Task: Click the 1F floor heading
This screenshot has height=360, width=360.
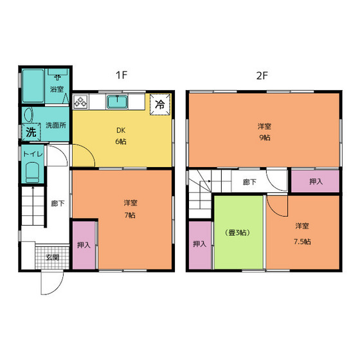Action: pos(122,75)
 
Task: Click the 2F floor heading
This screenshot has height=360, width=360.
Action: pos(262,75)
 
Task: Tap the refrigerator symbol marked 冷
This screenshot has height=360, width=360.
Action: pos(160,104)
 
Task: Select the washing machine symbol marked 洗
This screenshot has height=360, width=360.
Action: pos(32,132)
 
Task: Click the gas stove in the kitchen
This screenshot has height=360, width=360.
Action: pos(80,102)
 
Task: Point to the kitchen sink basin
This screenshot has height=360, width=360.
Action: pos(117,102)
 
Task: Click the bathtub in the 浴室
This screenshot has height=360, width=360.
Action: pos(33,85)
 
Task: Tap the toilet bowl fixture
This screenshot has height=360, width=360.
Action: pos(32,172)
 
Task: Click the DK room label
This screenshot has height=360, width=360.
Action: pos(121,130)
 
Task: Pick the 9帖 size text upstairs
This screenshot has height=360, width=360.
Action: pos(265,138)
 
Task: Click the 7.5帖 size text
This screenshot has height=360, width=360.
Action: pos(302,242)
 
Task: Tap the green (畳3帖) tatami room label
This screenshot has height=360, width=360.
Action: pos(238,233)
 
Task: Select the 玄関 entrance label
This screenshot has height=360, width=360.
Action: pos(53,257)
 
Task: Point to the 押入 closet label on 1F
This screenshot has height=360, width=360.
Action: pos(84,245)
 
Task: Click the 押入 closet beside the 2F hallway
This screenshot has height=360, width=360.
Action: pos(316,181)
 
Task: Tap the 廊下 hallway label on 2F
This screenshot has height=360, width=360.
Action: pos(249,182)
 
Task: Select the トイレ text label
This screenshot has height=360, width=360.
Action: pos(33,154)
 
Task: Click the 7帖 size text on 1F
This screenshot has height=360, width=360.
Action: pos(130,215)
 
